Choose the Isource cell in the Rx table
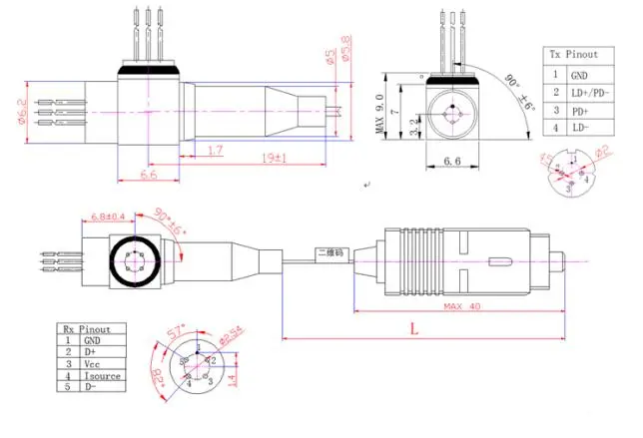tap(103, 376)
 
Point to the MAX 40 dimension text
tap(460, 305)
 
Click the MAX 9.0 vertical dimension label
tap(380, 116)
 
